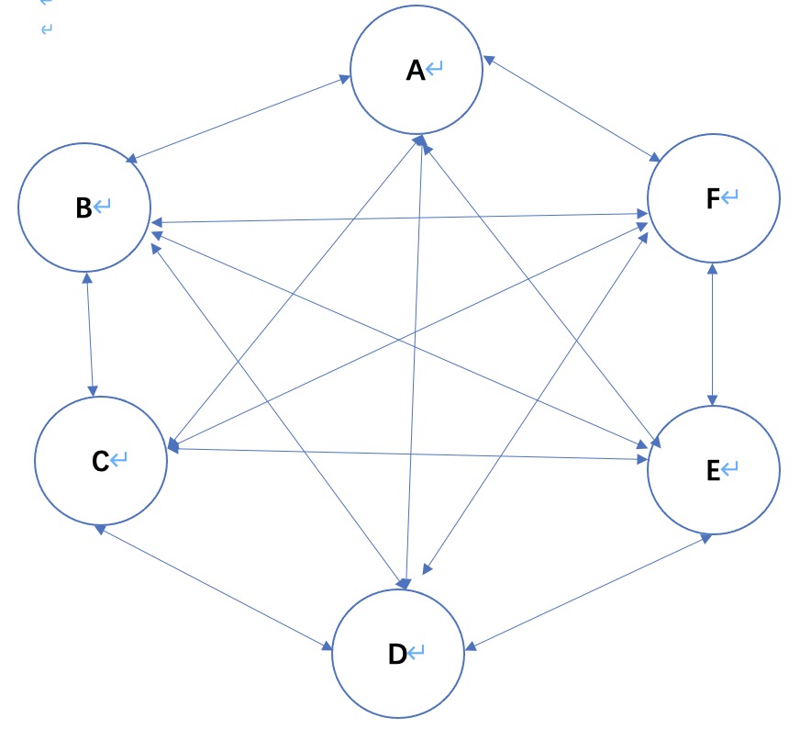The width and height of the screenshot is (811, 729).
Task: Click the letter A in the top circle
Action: tap(416, 71)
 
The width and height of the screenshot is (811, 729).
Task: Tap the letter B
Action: tap(83, 208)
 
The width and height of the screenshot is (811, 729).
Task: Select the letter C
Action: tap(100, 461)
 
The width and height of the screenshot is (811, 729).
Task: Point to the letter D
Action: tap(397, 655)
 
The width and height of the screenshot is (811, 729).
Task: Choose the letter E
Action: tap(713, 470)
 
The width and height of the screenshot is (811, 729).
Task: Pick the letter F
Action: tap(713, 198)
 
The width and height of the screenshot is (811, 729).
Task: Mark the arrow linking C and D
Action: tap(216, 589)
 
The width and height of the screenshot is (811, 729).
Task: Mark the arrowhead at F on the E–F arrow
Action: tap(712, 268)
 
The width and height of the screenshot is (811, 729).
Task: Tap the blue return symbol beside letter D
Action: tap(417, 653)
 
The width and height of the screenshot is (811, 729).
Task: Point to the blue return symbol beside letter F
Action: tap(730, 196)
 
